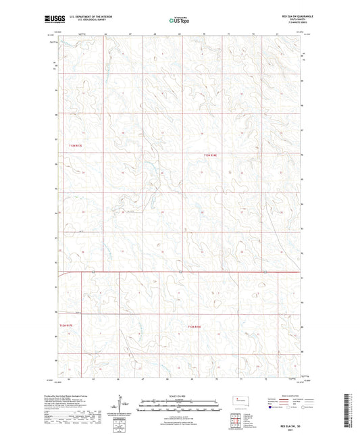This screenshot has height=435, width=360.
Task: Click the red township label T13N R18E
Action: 212,155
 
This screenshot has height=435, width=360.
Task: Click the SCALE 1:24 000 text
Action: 178,395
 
